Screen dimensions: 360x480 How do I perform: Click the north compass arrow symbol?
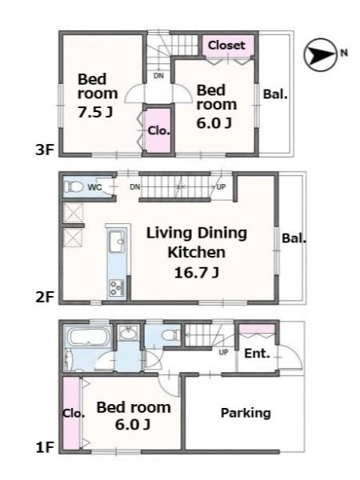[320, 54]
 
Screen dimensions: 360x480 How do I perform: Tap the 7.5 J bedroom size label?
[95, 112]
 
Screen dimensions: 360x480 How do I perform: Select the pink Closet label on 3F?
[226, 46]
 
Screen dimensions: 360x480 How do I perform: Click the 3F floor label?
[45, 150]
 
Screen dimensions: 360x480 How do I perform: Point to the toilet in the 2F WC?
[74, 186]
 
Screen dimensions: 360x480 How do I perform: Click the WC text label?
[95, 187]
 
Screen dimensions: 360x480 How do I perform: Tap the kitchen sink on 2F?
[117, 242]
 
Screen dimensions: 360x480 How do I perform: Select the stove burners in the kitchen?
[116, 288]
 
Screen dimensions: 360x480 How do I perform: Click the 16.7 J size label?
[196, 272]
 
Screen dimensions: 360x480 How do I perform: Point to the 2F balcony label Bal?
[294, 238]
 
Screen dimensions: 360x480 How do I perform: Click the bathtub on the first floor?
[88, 337]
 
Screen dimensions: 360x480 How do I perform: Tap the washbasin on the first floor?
[129, 334]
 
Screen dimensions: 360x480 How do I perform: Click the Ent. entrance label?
[257, 354]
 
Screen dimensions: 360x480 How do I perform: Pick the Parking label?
[246, 413]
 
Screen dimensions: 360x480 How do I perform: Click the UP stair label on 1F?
[223, 352]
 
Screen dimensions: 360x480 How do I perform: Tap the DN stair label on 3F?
[158, 76]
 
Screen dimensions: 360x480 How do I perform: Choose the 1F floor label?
[45, 447]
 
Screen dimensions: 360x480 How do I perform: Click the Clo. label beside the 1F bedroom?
[74, 414]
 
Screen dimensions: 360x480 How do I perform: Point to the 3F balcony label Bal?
[275, 94]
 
